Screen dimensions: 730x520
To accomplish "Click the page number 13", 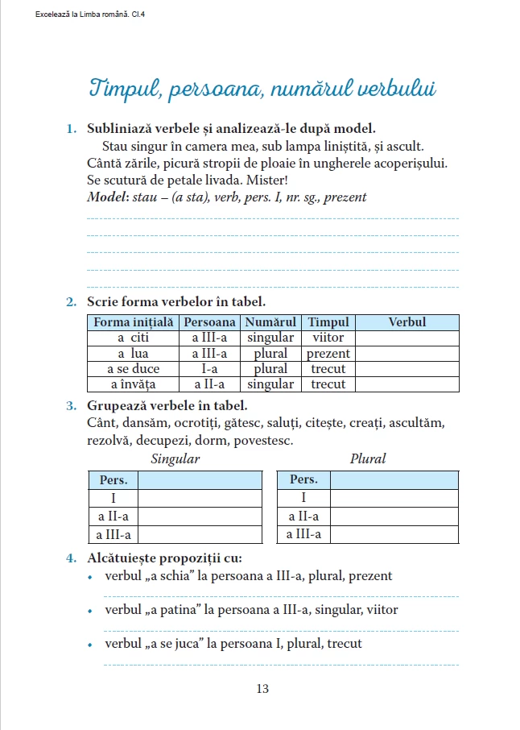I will coord(262,689).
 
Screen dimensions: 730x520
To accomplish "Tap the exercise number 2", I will coord(71,302).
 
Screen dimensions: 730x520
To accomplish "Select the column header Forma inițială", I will coord(133,322).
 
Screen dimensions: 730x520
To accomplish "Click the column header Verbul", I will coord(407,322).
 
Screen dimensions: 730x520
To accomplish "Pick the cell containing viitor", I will coord(328,338).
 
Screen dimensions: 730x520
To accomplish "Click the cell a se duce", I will coord(133,368).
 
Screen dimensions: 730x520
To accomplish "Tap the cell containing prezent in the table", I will coord(328,353).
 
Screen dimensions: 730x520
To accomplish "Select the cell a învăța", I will coord(133,384).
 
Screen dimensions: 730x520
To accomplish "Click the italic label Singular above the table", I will coord(175,458).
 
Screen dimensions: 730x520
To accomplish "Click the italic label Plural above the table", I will coord(368,458).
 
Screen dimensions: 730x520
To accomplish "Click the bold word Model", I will coord(105,197).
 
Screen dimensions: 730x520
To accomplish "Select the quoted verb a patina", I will coord(181,610).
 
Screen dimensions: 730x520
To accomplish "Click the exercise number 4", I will coord(71,558).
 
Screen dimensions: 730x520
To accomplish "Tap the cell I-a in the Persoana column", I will coord(209,368).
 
